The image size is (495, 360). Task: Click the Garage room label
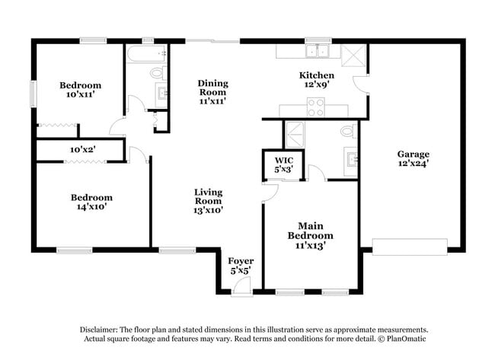pos(413,153)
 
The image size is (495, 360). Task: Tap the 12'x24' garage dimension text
pos(413,163)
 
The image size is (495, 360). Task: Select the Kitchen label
pos(316,75)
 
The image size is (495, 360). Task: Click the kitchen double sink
pos(317,52)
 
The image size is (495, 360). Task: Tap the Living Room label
pos(208,197)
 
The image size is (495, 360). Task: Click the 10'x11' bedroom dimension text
pos(81,95)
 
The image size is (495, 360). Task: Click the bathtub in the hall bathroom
pos(146,53)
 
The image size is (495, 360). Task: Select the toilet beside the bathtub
pos(157,73)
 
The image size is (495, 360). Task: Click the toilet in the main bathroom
pos(347,132)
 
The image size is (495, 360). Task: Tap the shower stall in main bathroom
pos(294,135)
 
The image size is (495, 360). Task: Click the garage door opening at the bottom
pos(409,247)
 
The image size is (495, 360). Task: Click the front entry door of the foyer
pos(242,285)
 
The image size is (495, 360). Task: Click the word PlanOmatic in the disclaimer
pos(409,339)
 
